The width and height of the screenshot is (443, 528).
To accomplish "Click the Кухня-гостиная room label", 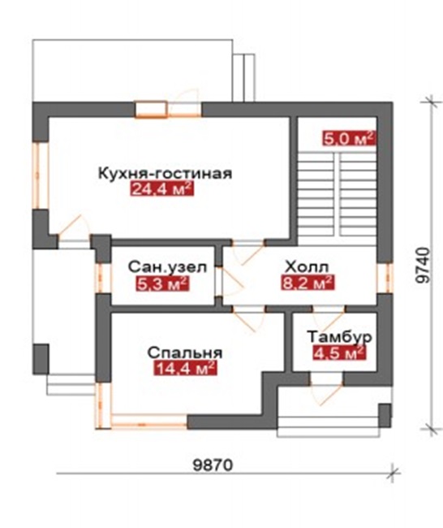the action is point(165,174).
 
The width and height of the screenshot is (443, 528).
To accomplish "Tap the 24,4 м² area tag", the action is point(162,189).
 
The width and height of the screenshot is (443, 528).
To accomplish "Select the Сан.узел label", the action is point(167,268).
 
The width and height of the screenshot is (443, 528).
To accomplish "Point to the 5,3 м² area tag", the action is point(162,283).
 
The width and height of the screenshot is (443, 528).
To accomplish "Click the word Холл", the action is point(307,267).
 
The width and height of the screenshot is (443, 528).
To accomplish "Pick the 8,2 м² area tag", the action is point(308,283).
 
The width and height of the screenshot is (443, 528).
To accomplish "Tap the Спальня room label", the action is point(185,353).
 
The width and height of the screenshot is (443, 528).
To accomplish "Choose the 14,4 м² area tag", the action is point(185,368).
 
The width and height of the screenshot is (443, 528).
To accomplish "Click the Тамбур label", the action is point(339,337).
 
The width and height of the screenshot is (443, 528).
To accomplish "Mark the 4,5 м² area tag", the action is point(339,353).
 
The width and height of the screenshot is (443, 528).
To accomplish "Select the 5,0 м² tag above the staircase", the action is point(349,138).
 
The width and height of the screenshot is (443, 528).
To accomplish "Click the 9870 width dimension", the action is point(213,465).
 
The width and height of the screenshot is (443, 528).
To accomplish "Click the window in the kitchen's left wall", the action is point(41,175).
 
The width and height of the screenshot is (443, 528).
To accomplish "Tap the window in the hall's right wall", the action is point(385,278).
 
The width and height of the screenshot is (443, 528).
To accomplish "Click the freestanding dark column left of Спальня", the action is point(41,359).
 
